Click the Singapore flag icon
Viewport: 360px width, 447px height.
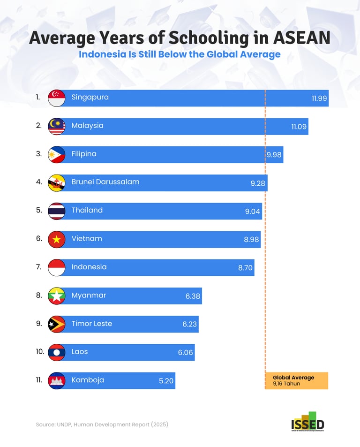57,98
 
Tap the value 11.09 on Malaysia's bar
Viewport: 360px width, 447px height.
299,127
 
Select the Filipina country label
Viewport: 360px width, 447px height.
84,154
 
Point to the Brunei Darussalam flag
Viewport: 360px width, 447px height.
57,183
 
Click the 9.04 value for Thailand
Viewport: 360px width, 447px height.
252,212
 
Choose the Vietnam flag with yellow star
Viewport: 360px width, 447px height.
57,239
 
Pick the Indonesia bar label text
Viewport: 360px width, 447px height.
89,267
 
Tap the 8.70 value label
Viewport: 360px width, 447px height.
246,268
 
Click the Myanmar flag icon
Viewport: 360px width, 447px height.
57,296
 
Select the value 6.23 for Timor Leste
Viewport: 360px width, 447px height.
190,324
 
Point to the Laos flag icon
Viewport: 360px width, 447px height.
57,352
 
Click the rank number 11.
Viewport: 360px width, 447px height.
39,380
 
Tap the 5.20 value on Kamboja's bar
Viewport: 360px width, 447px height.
166,381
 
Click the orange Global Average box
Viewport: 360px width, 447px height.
296,380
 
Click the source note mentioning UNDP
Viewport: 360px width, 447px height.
102,424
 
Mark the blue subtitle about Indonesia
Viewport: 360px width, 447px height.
180,54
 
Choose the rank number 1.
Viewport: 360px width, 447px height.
37,98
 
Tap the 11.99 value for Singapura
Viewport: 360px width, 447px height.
319,99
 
